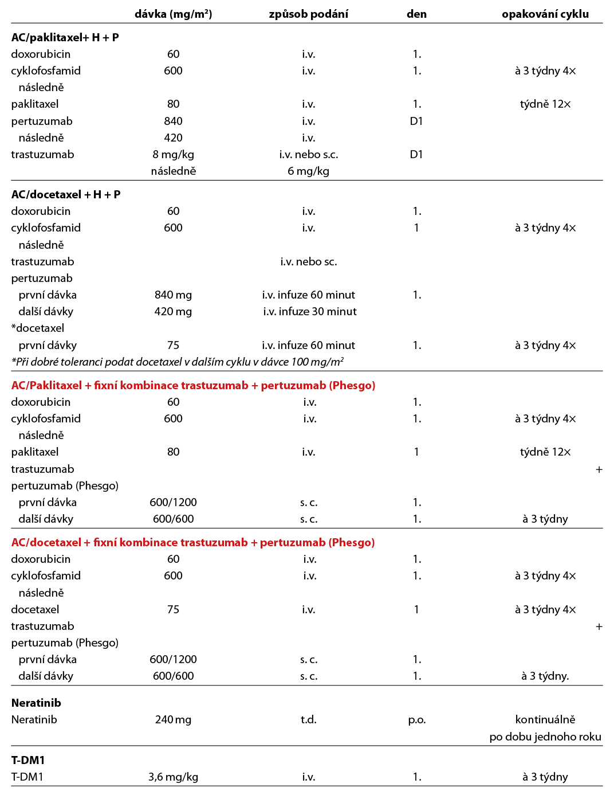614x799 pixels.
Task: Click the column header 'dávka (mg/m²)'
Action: pyautogui.click(x=173, y=14)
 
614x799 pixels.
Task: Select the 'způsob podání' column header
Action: pyautogui.click(x=308, y=14)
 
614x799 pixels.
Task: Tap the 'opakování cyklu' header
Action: pyautogui.click(x=545, y=14)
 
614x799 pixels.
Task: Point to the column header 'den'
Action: pyautogui.click(x=416, y=14)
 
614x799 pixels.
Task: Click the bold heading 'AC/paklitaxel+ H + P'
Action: pyautogui.click(x=65, y=37)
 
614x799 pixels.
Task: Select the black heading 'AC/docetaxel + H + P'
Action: pyautogui.click(x=66, y=194)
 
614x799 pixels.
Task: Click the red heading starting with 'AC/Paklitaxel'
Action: pyautogui.click(x=193, y=385)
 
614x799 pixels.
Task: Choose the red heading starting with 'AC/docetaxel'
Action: pyautogui.click(x=193, y=542)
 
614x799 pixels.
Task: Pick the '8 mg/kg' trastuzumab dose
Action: pyautogui.click(x=173, y=154)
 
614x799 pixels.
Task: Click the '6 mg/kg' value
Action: pyautogui.click(x=308, y=171)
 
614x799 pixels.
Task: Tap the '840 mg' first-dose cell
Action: pyautogui.click(x=173, y=295)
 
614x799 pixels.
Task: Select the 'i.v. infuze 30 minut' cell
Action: pyautogui.click(x=309, y=311)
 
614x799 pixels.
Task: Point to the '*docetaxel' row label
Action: pyautogui.click(x=38, y=328)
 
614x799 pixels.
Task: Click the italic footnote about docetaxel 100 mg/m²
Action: pyautogui.click(x=178, y=362)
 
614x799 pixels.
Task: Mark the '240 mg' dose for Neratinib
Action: pyautogui.click(x=173, y=719)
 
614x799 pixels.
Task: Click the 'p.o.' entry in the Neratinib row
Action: pyautogui.click(x=416, y=719)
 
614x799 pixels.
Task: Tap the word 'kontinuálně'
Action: pyautogui.click(x=545, y=719)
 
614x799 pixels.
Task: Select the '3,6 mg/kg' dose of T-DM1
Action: pyautogui.click(x=173, y=777)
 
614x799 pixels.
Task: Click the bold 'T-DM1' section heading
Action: pyautogui.click(x=28, y=760)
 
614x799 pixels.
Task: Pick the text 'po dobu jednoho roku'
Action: pyautogui.click(x=545, y=737)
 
